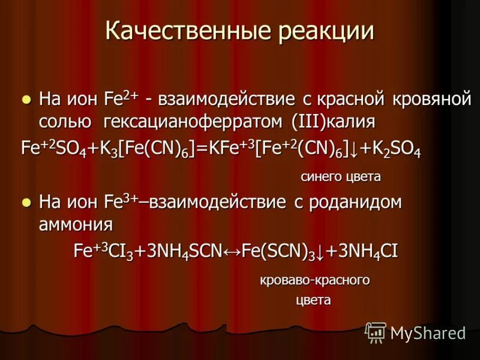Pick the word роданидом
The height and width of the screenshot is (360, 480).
click(x=353, y=203)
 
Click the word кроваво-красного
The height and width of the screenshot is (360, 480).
click(x=314, y=280)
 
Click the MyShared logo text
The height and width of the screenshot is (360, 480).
click(x=428, y=333)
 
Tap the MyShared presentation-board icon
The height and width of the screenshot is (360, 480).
click(x=376, y=332)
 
